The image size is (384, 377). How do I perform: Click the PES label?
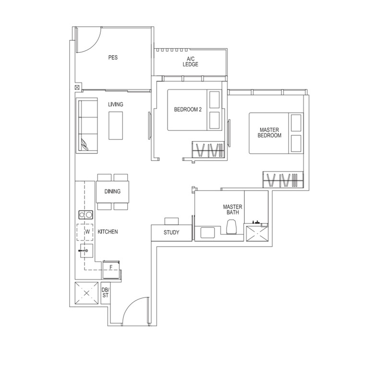(x=113, y=58)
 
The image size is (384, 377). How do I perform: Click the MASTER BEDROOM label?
(x=269, y=133)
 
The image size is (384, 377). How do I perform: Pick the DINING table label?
(x=112, y=192)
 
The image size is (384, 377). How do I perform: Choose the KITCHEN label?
(x=108, y=232)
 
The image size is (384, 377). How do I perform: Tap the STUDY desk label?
(x=171, y=233)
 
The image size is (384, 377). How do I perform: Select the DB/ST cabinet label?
(x=105, y=292)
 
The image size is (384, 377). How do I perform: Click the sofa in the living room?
(x=86, y=125)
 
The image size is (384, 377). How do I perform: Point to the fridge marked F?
(x=111, y=267)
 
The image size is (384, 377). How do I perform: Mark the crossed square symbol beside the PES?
(x=77, y=88)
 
